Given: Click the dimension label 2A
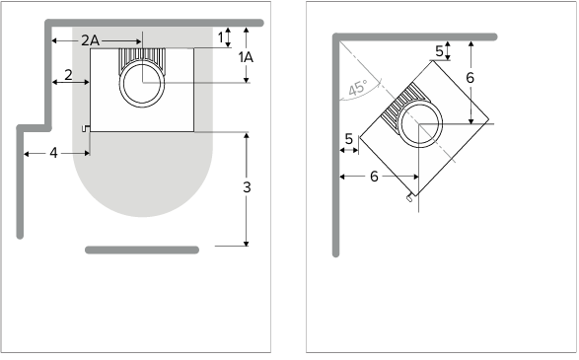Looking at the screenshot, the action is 90,40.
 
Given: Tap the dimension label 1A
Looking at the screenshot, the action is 246,57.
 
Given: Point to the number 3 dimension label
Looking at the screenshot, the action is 247,187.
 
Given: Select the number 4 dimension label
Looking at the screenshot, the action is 54,153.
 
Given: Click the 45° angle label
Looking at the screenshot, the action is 358,88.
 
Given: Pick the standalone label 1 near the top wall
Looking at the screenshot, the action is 221,37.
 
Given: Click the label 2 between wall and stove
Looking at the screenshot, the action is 68,75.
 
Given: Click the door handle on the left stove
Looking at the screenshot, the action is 86,128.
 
